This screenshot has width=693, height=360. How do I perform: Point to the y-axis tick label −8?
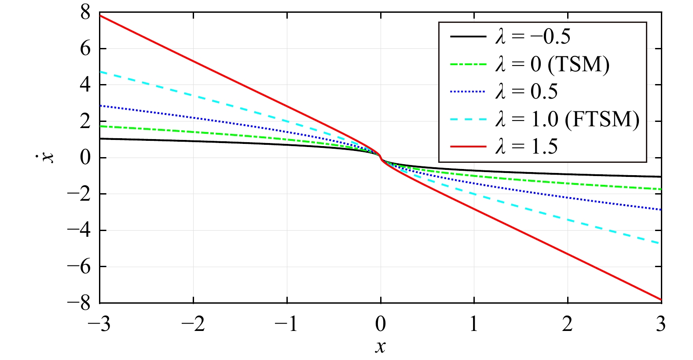coord(79,303)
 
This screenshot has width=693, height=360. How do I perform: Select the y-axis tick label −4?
coord(79,231)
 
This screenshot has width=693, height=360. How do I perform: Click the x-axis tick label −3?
coord(99,325)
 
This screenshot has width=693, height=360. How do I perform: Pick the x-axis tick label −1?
coord(286,325)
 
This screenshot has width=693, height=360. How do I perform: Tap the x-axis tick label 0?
coord(381,325)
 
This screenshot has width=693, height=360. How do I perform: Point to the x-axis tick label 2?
coord(568,325)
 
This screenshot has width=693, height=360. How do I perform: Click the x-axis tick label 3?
coord(661,325)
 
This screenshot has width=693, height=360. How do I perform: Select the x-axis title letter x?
coord(381,347)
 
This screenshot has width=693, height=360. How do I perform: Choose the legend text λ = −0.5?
coord(533,37)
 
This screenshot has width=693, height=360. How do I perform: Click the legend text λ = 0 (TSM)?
coord(553,64)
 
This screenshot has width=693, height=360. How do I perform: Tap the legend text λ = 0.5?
coord(527,92)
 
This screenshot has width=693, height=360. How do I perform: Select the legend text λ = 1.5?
coord(527,147)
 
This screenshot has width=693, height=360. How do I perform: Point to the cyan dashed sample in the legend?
coord(468,119)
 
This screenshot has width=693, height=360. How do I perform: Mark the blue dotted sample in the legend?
coord(468,92)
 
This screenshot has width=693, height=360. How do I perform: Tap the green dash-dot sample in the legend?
coord(468,64)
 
